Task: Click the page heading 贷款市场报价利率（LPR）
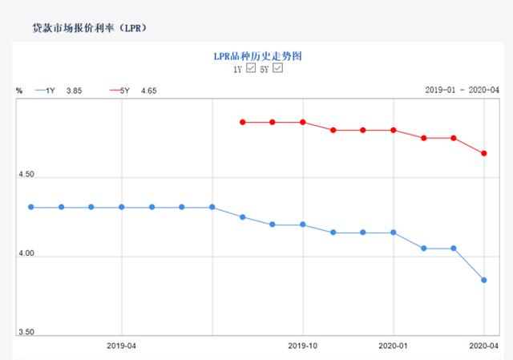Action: pyautogui.click(x=89, y=27)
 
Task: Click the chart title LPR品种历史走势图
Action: pyautogui.click(x=256, y=56)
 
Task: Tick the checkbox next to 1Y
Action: pyautogui.click(x=251, y=69)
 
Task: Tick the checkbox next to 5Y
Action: pyautogui.click(x=278, y=69)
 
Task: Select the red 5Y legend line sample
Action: pyautogui.click(x=117, y=91)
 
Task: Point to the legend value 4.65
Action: pyautogui.click(x=148, y=91)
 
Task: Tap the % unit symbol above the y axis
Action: pyautogui.click(x=18, y=91)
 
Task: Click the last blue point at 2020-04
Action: pyautogui.click(x=484, y=280)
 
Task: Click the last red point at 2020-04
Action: pyautogui.click(x=484, y=153)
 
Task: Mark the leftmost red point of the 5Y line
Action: pyautogui.click(x=242, y=122)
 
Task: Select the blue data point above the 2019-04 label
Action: pyautogui.click(x=121, y=207)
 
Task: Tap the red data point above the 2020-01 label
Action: pyautogui.click(x=393, y=130)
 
